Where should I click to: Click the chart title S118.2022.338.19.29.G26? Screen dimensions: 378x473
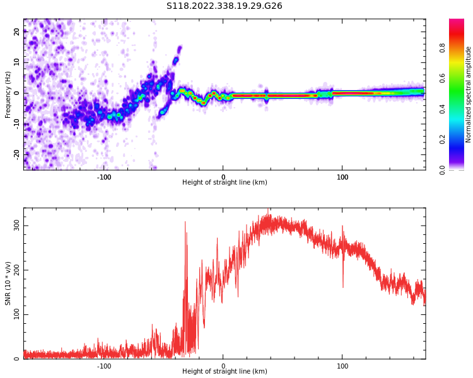point(224,6)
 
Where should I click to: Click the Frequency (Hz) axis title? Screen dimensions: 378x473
point(8,94)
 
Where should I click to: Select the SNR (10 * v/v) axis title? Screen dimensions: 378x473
point(8,283)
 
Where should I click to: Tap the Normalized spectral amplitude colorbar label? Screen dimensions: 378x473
point(469,94)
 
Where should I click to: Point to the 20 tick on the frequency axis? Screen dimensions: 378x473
point(18,33)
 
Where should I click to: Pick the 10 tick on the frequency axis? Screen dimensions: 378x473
point(18,63)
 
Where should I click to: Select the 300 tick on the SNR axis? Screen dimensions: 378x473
point(14,225)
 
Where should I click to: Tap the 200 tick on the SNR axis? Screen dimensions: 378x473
point(14,270)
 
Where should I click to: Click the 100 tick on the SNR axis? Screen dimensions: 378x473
point(14,314)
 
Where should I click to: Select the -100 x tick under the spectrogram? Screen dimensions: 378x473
point(104,177)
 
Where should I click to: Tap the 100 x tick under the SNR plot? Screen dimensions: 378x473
point(342,365)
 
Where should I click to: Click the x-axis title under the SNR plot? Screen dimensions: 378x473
point(224,372)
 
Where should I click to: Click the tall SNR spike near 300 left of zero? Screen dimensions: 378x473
point(185,223)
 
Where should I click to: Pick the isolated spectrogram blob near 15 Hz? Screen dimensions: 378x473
point(179,49)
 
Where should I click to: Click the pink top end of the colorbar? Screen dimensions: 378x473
point(456,22)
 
